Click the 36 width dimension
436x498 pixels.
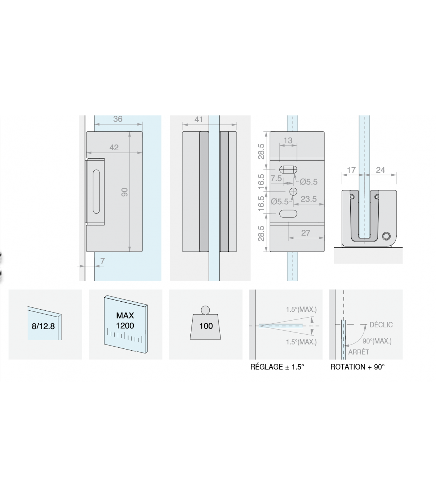118,119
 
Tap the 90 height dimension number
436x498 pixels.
125,192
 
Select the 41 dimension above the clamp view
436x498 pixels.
199,119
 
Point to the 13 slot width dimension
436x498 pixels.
288,140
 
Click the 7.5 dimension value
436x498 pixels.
276,179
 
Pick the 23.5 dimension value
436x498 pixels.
308,199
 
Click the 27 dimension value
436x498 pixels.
306,233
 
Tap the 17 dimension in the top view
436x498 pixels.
351,170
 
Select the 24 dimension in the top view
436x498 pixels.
380,170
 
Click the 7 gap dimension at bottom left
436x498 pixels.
102,261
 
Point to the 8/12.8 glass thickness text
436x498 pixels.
43,326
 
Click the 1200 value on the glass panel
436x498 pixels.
125,326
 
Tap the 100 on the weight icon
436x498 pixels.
206,326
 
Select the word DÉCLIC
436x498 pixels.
381,325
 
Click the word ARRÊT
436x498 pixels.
359,352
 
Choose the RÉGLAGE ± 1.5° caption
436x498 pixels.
277,367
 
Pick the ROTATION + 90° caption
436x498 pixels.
358,367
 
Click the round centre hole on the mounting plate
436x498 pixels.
293,192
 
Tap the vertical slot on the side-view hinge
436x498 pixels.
96,192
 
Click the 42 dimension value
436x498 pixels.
114,147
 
